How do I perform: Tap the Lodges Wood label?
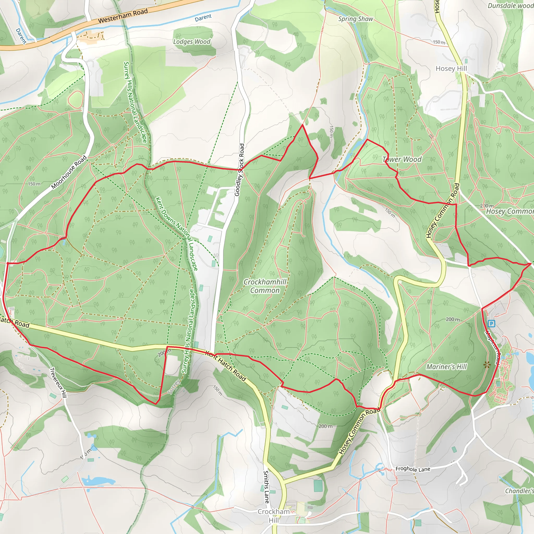click(192, 42)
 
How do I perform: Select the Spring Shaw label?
click(355, 19)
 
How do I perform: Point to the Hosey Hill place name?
click(451, 69)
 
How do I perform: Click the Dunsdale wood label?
click(510, 6)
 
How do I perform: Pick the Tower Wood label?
click(402, 159)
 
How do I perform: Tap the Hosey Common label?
click(510, 211)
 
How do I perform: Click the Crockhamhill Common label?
click(265, 286)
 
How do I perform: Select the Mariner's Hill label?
click(446, 367)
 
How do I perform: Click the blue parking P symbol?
click(491, 323)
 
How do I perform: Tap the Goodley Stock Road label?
click(239, 170)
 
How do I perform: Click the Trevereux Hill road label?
click(58, 383)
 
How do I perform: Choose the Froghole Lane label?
click(413, 469)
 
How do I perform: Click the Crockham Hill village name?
click(273, 516)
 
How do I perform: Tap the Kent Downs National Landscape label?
click(177, 234)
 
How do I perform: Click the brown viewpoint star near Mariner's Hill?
click(487, 365)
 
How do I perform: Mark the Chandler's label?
click(519, 491)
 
